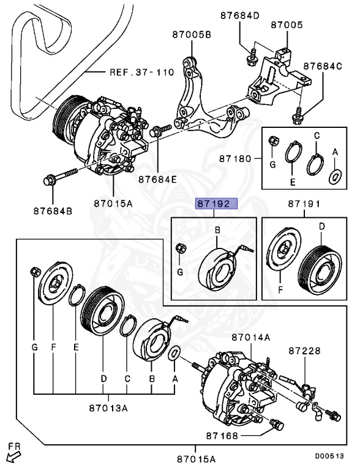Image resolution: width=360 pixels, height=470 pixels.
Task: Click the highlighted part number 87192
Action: [216, 204]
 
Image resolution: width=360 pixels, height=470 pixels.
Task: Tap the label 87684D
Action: [240, 15]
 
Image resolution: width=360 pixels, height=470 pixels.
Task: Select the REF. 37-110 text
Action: [141, 72]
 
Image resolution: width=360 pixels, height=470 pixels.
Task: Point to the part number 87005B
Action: [192, 35]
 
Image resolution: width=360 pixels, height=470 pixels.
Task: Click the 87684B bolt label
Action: [53, 211]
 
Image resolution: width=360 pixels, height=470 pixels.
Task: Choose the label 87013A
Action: [108, 408]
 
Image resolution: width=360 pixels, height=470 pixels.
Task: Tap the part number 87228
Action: [305, 351]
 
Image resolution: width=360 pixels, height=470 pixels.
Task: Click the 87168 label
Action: [222, 436]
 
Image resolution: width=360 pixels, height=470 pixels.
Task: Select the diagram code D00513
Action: [329, 456]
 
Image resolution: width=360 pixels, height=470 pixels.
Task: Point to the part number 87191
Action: [304, 204]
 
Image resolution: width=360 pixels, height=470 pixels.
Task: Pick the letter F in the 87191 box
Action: [280, 290]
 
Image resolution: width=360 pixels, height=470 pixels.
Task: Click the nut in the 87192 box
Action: [181, 248]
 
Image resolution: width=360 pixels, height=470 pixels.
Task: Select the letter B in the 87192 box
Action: [218, 230]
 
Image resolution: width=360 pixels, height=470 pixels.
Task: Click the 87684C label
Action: [323, 66]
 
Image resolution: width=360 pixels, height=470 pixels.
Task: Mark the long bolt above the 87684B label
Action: [60, 177]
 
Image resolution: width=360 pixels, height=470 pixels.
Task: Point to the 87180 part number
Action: [235, 159]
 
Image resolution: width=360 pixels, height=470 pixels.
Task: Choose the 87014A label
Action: [251, 338]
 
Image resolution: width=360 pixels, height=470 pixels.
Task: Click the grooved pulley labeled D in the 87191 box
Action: [320, 270]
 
